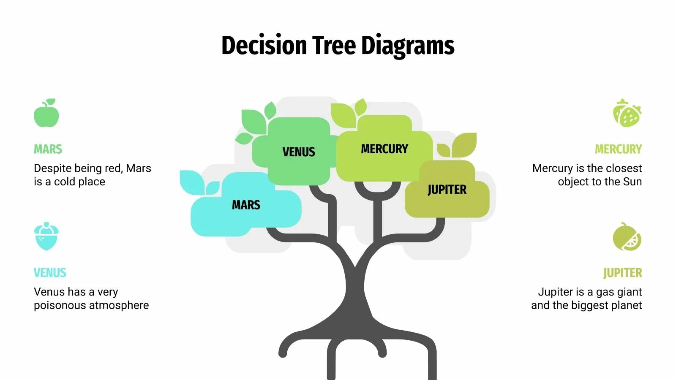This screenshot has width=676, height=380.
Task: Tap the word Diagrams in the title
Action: (408, 46)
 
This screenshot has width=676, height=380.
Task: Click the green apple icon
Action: (46, 114)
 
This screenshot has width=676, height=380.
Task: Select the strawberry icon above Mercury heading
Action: (627, 113)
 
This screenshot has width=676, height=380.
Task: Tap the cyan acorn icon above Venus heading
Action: (46, 236)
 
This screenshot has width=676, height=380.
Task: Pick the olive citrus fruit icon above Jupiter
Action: (627, 237)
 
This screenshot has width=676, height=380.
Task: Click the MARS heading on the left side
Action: (48, 149)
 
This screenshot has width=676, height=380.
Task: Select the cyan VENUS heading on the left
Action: (50, 273)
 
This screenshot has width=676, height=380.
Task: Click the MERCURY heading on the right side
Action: (618, 149)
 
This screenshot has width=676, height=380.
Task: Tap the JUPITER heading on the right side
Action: (622, 273)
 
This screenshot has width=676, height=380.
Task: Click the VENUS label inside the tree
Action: (299, 152)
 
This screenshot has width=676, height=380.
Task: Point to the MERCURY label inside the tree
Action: (384, 149)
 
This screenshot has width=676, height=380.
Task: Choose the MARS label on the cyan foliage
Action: (246, 205)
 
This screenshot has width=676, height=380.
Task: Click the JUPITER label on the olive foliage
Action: (447, 190)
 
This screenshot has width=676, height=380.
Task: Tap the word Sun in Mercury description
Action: (632, 182)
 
